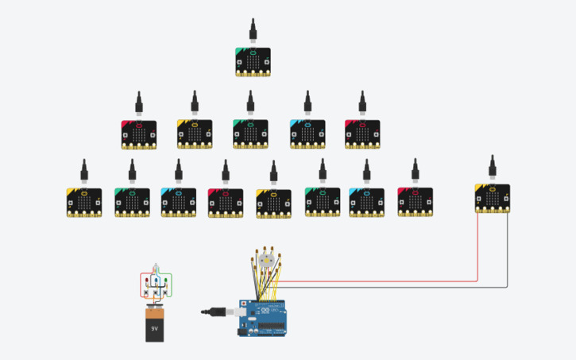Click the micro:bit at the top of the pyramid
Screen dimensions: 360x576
point(253,62)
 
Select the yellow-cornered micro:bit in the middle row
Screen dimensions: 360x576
point(194,135)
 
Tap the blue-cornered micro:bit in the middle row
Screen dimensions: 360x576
point(307,135)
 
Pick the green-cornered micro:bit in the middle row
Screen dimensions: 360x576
point(250,134)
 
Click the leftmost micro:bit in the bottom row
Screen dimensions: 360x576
point(84,203)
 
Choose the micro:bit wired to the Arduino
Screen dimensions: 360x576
point(493,199)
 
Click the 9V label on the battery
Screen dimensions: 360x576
point(155,326)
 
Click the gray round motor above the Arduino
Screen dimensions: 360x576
point(266,261)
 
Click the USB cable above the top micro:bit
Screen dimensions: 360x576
point(253,31)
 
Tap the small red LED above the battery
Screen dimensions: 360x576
point(148,281)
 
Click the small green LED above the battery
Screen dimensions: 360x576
point(167,280)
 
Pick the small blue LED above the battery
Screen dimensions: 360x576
point(157,280)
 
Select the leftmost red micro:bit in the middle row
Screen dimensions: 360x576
point(138,135)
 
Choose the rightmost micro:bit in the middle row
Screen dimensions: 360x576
point(362,135)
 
